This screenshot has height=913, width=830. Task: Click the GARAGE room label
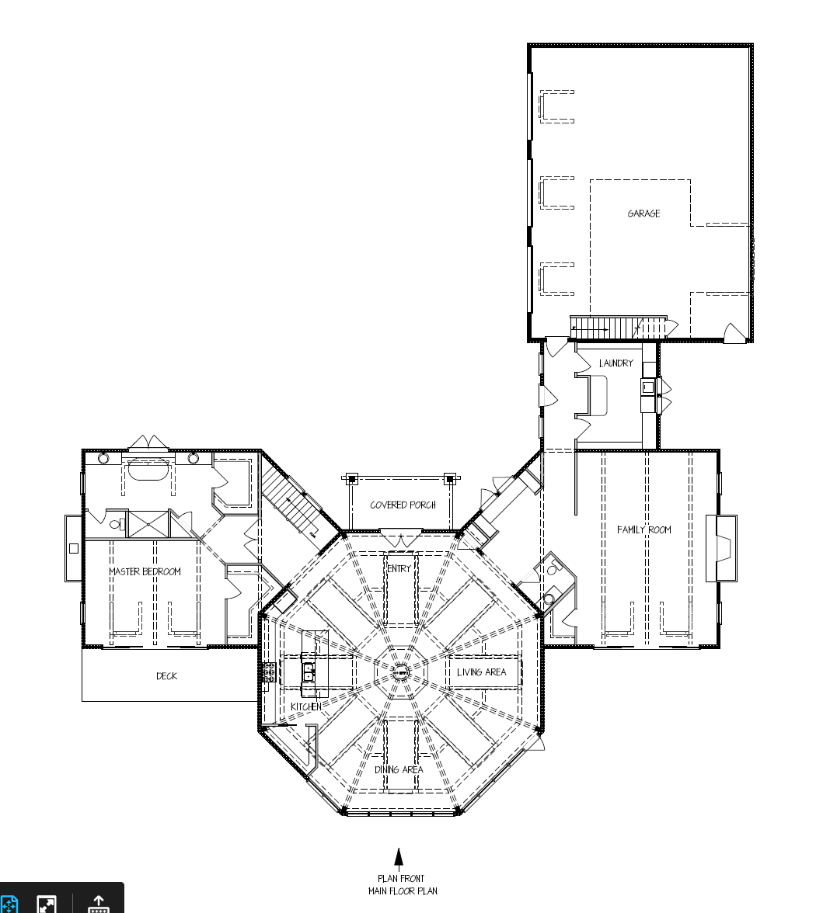(x=643, y=213)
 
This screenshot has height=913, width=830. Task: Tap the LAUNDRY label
(x=616, y=363)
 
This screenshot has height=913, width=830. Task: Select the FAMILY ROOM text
(x=644, y=529)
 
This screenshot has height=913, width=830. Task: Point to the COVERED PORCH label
(x=403, y=505)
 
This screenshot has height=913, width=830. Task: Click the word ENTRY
(x=399, y=568)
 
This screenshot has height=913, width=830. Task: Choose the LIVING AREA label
(x=482, y=672)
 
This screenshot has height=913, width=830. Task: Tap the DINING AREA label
(x=399, y=770)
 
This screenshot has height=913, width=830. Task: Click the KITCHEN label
(x=306, y=706)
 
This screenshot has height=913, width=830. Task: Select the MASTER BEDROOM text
(x=145, y=571)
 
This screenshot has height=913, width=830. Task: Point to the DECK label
(x=166, y=676)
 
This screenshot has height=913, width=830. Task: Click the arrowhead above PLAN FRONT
(x=399, y=857)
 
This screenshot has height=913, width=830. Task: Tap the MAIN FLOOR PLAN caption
(x=403, y=891)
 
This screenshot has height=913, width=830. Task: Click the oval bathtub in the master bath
(x=148, y=469)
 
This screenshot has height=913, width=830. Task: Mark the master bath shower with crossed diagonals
(x=148, y=524)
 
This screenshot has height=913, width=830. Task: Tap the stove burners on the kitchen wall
(x=269, y=672)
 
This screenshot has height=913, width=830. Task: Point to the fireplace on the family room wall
(x=721, y=548)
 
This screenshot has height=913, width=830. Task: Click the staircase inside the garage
(x=618, y=328)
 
